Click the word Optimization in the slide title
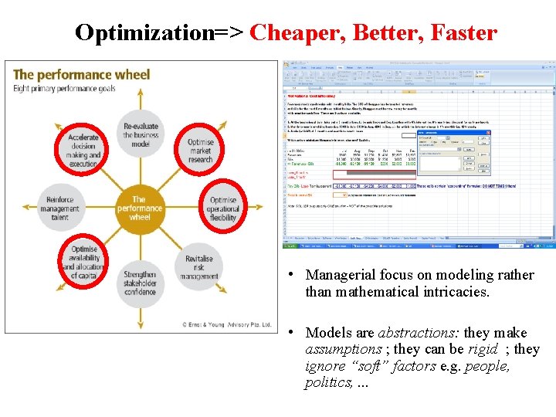point(144,32)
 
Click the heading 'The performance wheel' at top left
point(81,75)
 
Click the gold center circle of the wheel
point(140,208)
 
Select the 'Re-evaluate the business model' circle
point(140,136)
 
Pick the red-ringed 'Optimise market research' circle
point(200,150)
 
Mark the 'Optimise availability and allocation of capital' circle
point(83,263)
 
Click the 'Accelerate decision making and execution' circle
point(83,150)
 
